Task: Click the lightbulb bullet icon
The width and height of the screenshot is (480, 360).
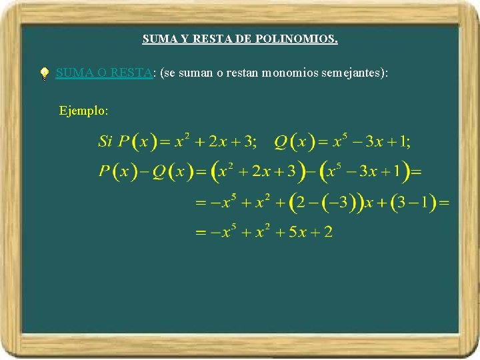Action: [x=44, y=74]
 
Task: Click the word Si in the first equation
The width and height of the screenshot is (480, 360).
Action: [x=105, y=141]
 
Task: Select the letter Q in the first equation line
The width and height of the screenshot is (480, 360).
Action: [x=281, y=141]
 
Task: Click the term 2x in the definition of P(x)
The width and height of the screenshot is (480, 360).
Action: [x=218, y=141]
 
